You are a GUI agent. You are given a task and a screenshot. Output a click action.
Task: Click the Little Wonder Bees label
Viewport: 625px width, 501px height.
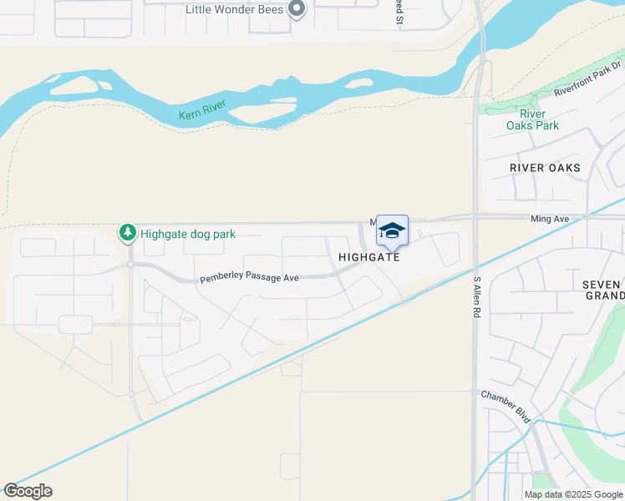tap(235, 9)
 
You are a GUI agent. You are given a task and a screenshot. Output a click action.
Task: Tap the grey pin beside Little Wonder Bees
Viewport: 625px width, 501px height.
tap(296, 9)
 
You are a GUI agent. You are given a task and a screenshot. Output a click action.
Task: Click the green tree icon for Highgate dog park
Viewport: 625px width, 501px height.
tap(128, 233)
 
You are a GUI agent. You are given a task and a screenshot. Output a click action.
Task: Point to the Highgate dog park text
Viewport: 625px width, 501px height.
tap(188, 234)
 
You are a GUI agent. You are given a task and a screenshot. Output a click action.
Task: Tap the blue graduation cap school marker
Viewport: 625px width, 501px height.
tap(392, 230)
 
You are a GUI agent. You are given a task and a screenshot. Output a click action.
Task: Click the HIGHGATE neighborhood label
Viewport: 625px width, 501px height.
tap(369, 257)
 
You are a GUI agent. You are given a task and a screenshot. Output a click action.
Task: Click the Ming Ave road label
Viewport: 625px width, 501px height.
tap(550, 219)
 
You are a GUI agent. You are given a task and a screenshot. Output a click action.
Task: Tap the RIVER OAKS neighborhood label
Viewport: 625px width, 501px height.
tap(545, 168)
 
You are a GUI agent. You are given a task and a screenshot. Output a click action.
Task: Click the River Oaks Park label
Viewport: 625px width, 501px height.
tap(532, 119)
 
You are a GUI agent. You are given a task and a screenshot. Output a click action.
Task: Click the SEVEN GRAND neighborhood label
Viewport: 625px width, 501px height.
tap(603, 290)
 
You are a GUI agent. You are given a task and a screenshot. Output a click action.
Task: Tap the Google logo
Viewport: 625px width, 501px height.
tap(28, 490)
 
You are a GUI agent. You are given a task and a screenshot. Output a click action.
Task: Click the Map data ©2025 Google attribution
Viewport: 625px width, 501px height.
tap(573, 494)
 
